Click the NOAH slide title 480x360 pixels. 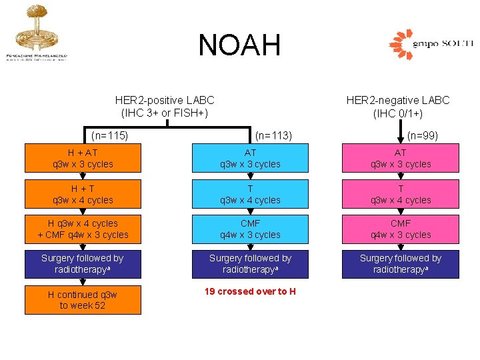[239, 45]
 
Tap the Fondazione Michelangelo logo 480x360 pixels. [36, 33]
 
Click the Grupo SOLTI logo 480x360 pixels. [430, 45]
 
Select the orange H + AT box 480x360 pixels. [83, 159]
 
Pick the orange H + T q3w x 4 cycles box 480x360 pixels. [83, 195]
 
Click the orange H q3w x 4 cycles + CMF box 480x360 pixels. [83, 229]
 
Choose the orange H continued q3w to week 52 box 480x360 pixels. [83, 300]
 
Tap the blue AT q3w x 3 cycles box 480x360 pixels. [250, 159]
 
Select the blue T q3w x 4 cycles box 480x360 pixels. [250, 195]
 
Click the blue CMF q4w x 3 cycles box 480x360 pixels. [250, 229]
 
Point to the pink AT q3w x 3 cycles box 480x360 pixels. [401, 159]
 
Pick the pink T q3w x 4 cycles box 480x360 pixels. [401, 195]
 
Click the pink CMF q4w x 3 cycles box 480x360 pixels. [401, 229]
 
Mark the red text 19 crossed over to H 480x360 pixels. [250, 291]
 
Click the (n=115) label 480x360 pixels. [109, 136]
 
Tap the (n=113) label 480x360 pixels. [273, 136]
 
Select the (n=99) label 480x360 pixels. [423, 136]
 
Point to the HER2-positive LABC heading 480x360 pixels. [165, 107]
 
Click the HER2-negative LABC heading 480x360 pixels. [398, 107]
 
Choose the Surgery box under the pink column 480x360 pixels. [401, 264]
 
